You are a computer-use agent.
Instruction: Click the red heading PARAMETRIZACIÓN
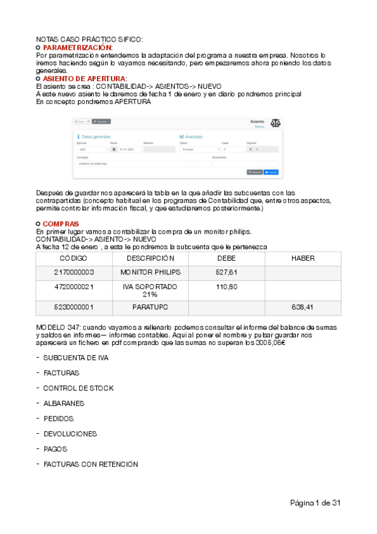(x=77, y=47)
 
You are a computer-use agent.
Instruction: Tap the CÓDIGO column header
(x=74, y=258)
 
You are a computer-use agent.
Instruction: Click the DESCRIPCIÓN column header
(x=150, y=258)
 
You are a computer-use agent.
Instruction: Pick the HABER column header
(x=303, y=258)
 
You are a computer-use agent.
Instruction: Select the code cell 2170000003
(x=74, y=272)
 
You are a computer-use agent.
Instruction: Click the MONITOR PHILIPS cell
(x=150, y=272)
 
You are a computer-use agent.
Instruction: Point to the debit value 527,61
(x=227, y=272)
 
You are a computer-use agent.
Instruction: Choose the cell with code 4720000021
(x=74, y=287)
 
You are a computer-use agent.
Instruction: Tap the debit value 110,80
(x=227, y=287)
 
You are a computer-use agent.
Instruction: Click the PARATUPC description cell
(x=150, y=307)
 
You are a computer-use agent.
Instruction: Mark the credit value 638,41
(x=303, y=307)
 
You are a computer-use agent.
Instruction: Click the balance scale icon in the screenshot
(x=276, y=123)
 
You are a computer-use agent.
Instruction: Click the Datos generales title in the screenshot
(x=96, y=136)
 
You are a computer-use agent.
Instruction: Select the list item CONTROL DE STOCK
(x=78, y=388)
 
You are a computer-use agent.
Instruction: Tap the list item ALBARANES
(x=64, y=403)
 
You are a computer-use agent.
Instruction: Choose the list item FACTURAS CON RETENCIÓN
(x=90, y=464)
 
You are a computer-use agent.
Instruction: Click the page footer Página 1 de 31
(x=315, y=503)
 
